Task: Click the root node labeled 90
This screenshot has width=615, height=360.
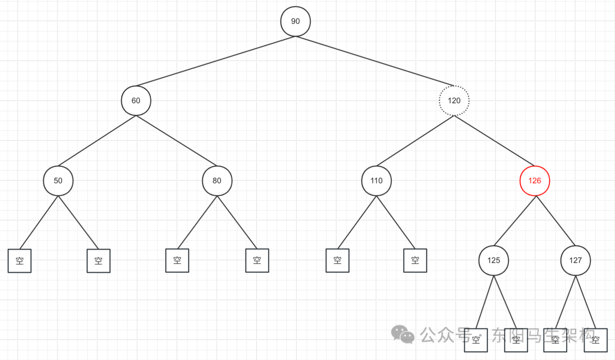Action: pyautogui.click(x=296, y=21)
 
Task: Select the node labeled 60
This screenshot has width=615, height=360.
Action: pyautogui.click(x=136, y=101)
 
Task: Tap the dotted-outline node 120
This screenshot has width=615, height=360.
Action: pyautogui.click(x=454, y=101)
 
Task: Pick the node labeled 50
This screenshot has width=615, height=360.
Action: pyautogui.click(x=58, y=181)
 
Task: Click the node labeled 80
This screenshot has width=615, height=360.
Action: pyautogui.click(x=217, y=181)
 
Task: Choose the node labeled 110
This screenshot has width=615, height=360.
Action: pyautogui.click(x=376, y=181)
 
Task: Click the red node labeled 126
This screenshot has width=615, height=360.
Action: pyautogui.click(x=535, y=181)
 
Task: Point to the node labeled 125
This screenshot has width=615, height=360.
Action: pyautogui.click(x=494, y=260)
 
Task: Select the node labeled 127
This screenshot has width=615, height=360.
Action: pyautogui.click(x=576, y=260)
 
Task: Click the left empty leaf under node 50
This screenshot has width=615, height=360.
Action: pyautogui.click(x=19, y=261)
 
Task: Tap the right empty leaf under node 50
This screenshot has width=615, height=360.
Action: pyautogui.click(x=99, y=261)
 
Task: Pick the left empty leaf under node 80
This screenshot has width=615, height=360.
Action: pyautogui.click(x=177, y=260)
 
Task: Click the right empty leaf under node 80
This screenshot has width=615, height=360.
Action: pyautogui.click(x=257, y=260)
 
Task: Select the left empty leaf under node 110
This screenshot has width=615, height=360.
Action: pyautogui.click(x=338, y=260)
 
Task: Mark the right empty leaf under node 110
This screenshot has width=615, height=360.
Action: pyautogui.click(x=415, y=260)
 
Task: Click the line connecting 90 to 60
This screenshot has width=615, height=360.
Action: pyautogui.click(x=216, y=61)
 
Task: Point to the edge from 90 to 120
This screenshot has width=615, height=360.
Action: pyautogui.click(x=375, y=61)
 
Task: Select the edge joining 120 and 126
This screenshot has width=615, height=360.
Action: pyautogui.click(x=494, y=141)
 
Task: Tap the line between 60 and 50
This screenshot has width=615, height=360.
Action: pyautogui.click(x=97, y=141)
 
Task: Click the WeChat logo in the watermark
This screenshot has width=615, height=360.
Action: pyautogui.click(x=405, y=334)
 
